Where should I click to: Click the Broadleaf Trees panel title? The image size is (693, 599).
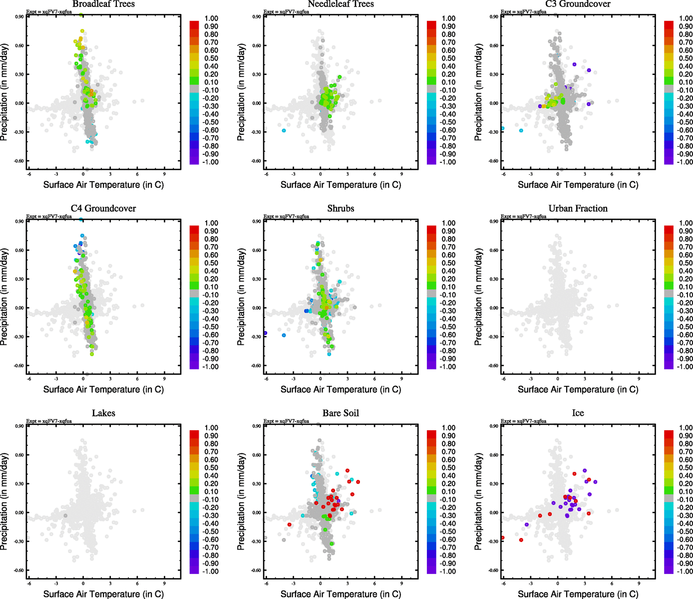tap(103, 4)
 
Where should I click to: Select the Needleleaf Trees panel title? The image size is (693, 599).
tap(341, 4)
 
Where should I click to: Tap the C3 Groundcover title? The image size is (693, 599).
tap(578, 4)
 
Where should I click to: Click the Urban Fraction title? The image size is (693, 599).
tap(578, 209)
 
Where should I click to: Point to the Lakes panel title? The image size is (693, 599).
tap(103, 413)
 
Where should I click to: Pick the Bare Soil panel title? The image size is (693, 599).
tap(341, 413)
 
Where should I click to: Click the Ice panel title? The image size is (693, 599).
tap(578, 413)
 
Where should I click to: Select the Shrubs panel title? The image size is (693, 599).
tap(341, 209)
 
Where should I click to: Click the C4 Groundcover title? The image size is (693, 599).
tap(103, 209)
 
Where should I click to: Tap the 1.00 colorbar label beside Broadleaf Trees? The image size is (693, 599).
tap(211, 18)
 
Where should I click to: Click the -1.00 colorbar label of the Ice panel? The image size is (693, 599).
tap(685, 571)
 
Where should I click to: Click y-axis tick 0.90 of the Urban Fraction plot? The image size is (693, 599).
tap(493, 221)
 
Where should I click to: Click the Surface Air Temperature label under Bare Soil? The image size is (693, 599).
tap(341, 594)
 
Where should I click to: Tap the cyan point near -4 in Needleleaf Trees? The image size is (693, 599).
tap(284, 130)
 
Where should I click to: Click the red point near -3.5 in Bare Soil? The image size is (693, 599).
tap(290, 524)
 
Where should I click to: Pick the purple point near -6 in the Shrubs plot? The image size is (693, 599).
tap(266, 333)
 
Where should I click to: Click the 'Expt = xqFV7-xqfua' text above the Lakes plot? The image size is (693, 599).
tap(49, 421)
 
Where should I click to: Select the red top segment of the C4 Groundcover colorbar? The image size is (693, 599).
tap(194, 229)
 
